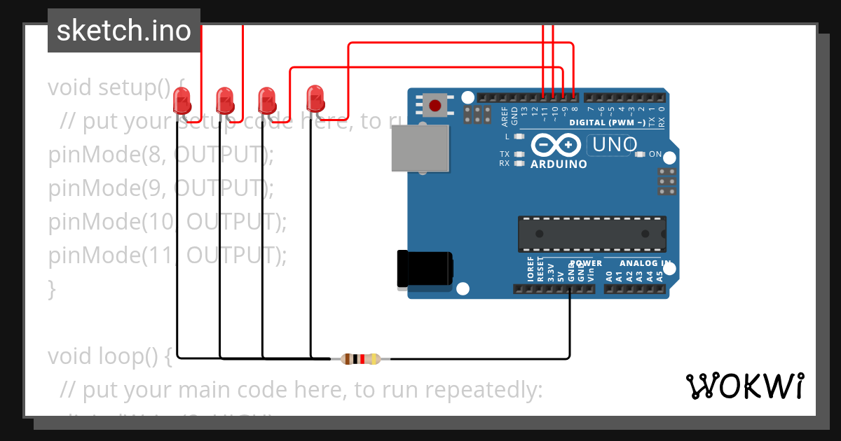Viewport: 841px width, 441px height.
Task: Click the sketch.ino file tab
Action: click(124, 31)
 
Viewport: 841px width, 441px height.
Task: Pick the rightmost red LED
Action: click(315, 99)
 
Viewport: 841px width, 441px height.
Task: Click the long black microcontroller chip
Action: click(592, 234)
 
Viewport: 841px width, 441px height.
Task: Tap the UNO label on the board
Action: click(615, 145)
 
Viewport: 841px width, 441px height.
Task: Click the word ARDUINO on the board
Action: click(559, 164)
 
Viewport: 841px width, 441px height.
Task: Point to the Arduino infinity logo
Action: click(556, 145)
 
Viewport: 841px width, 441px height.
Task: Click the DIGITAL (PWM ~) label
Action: click(608, 122)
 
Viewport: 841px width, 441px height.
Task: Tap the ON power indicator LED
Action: click(639, 154)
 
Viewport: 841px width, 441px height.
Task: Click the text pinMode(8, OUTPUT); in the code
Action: click(160, 155)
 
